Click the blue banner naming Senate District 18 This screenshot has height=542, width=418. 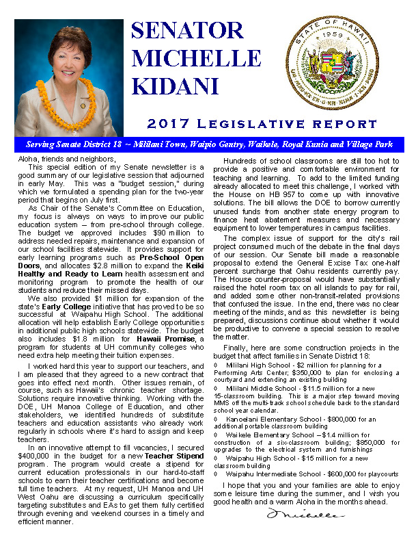coord(209,145)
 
